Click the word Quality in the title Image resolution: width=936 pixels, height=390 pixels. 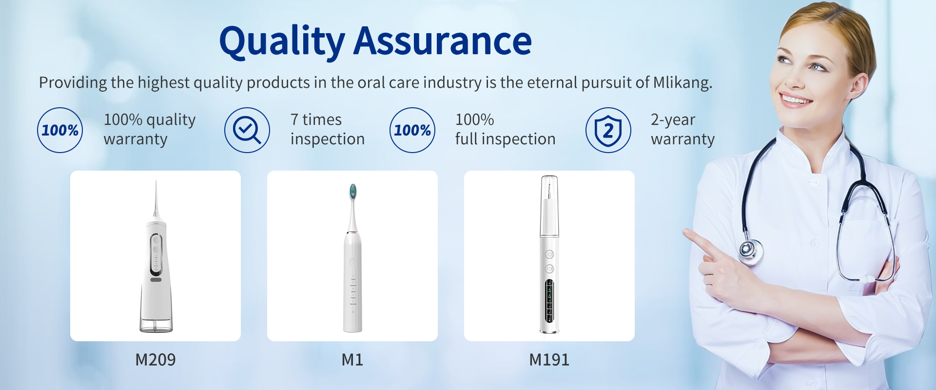pyautogui.click(x=282, y=42)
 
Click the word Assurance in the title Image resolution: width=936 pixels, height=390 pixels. pyautogui.click(x=443, y=41)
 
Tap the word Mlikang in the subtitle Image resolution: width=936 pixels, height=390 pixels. pyautogui.click(x=682, y=83)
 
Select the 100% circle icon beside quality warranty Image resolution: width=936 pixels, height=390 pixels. pyautogui.click(x=60, y=130)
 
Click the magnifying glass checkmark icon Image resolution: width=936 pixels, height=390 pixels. pyautogui.click(x=247, y=130)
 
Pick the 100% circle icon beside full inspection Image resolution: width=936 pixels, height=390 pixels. pyautogui.click(x=412, y=130)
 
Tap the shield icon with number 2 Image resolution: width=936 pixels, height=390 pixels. pyautogui.click(x=608, y=130)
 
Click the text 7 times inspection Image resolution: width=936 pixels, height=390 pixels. pyautogui.click(x=328, y=129)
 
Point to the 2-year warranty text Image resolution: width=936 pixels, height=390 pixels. pyautogui.click(x=682, y=129)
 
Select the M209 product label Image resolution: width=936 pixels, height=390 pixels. pyautogui.click(x=156, y=360)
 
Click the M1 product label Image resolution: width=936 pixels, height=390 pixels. pyautogui.click(x=352, y=360)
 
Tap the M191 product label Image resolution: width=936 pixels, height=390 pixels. pyautogui.click(x=549, y=360)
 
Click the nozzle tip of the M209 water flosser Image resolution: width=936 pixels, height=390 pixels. pyautogui.click(x=156, y=182)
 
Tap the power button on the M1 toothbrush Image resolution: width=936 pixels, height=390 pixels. pyautogui.click(x=352, y=262)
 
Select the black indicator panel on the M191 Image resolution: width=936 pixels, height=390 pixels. pyautogui.click(x=549, y=301)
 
